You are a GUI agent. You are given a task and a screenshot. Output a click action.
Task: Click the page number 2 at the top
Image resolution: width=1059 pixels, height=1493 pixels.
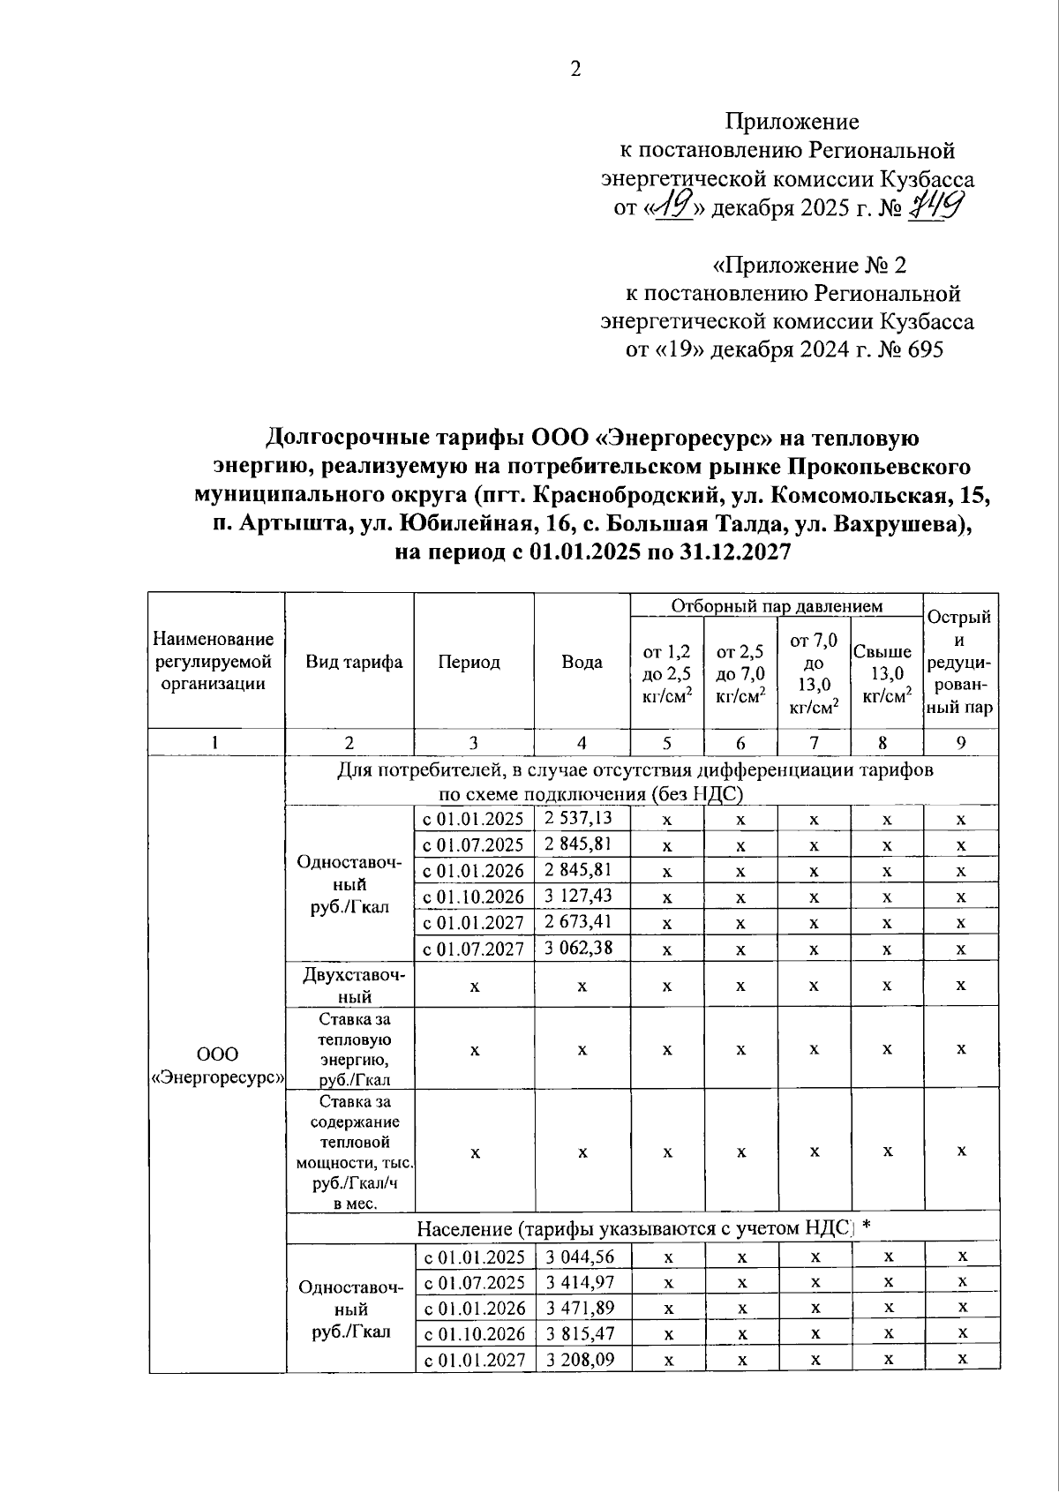click(575, 70)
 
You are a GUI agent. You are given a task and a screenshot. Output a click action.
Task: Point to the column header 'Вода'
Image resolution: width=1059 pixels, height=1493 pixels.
click(582, 662)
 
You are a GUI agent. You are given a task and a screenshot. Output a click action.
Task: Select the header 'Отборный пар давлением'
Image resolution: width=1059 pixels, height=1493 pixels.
click(777, 606)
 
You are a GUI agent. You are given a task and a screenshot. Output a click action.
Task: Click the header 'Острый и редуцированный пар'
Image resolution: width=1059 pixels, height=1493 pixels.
click(960, 662)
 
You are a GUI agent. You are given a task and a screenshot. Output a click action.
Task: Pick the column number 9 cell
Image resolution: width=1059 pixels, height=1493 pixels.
click(960, 742)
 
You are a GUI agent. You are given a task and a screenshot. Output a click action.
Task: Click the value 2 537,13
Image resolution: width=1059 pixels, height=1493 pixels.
click(579, 818)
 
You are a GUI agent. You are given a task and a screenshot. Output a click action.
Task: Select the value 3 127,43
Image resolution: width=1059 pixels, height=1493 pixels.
click(579, 897)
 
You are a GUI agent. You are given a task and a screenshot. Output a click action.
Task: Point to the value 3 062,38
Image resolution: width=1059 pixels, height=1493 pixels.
click(579, 949)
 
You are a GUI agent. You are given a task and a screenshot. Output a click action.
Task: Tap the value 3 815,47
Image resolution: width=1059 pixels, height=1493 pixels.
click(580, 1333)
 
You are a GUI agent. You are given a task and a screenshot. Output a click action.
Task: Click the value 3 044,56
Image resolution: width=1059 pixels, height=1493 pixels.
click(580, 1257)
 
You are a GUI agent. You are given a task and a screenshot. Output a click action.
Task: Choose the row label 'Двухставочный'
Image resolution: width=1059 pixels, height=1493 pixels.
click(349, 986)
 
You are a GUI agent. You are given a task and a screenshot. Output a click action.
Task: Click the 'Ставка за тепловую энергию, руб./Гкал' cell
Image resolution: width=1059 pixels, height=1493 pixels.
click(349, 1048)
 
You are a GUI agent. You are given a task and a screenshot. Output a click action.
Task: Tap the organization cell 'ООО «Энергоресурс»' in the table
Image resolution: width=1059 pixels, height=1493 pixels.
click(217, 1066)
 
